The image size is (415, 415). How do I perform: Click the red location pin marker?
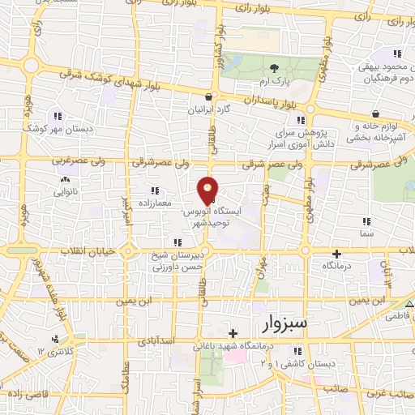[x=208, y=190]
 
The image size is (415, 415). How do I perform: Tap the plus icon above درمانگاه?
[x=336, y=254]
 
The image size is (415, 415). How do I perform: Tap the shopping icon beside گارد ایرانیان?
[x=210, y=96]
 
